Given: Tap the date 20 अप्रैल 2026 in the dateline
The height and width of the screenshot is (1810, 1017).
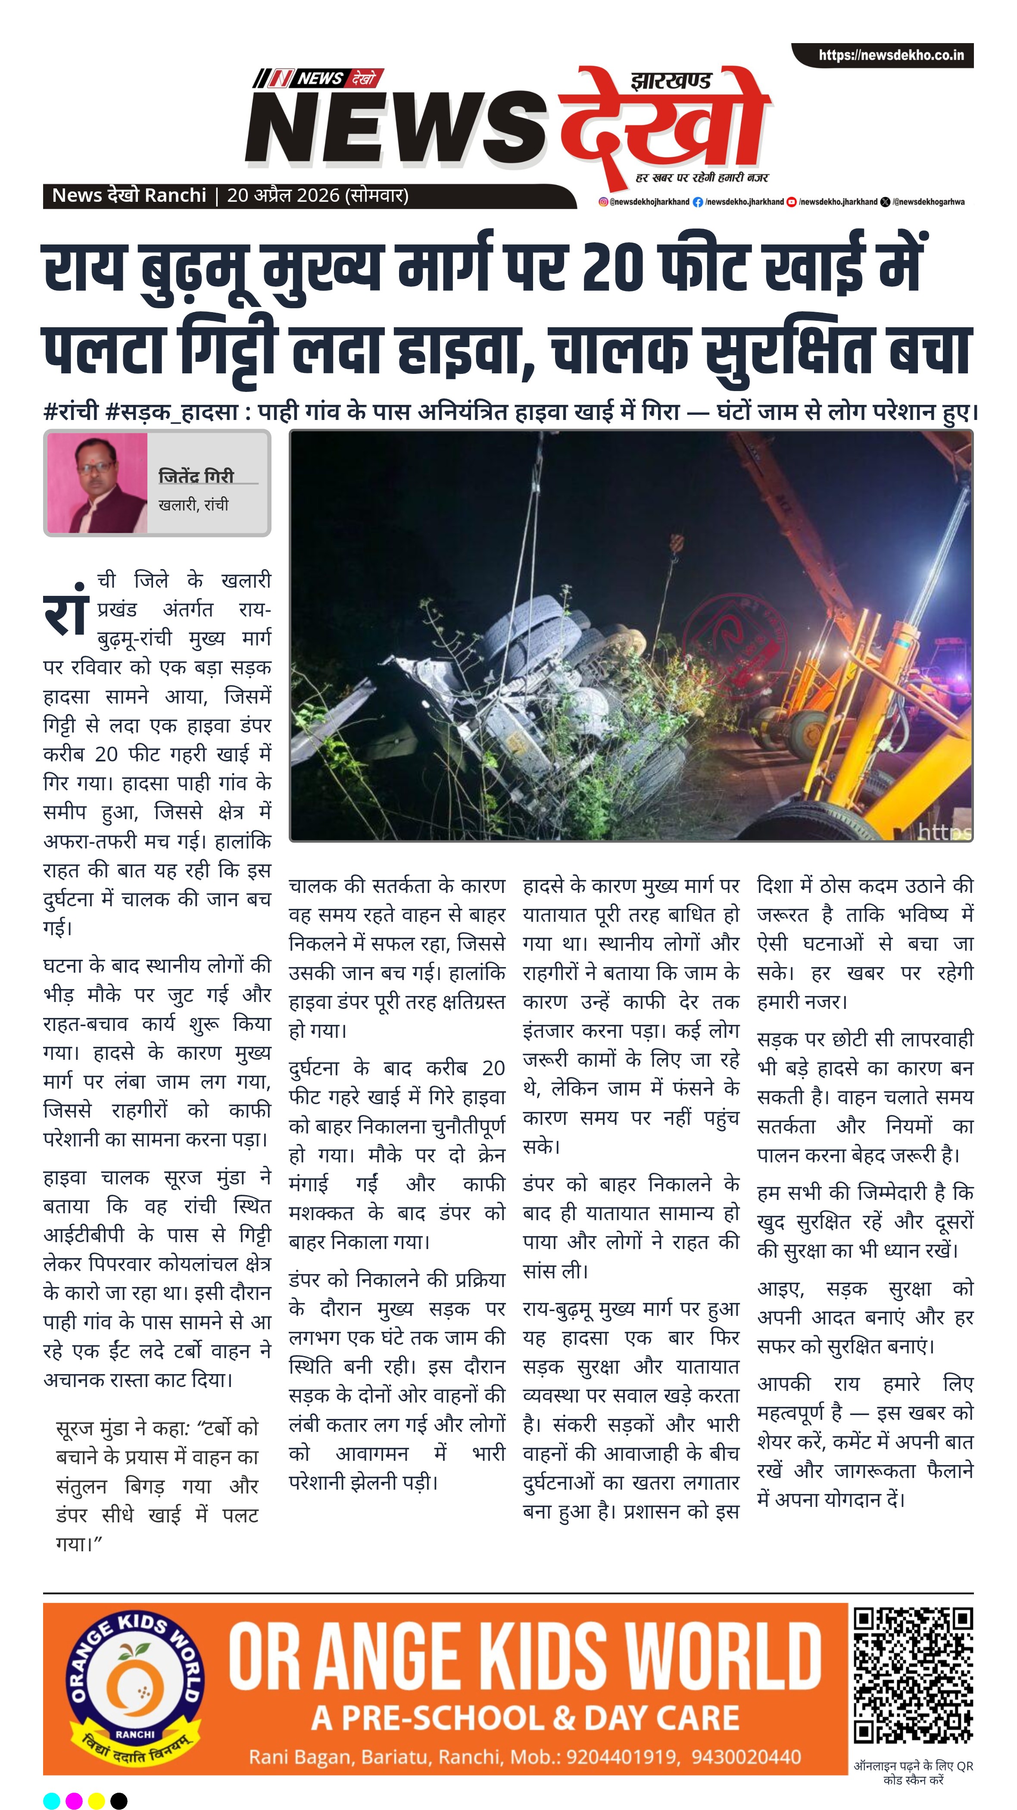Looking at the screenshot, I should point(283,195).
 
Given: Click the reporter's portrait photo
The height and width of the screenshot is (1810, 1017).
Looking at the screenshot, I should point(97,483).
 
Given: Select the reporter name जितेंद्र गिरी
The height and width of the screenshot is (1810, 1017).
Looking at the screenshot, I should point(196,476).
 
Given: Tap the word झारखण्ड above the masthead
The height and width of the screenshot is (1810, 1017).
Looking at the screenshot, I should point(671,80).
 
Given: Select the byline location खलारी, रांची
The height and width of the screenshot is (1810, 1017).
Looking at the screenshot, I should point(193,504).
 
